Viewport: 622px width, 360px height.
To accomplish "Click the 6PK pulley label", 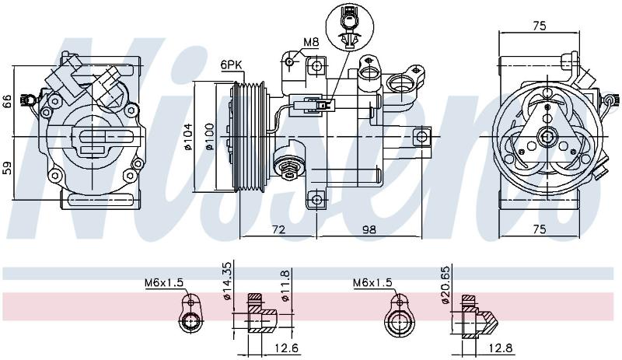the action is [232, 65].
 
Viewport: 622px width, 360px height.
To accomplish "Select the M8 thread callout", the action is [312, 42].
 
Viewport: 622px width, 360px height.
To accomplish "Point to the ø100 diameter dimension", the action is [209, 137].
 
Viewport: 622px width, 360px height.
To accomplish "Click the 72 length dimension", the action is [279, 229].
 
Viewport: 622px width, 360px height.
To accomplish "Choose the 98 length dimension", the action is [369, 229].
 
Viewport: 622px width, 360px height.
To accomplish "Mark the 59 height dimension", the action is [8, 168].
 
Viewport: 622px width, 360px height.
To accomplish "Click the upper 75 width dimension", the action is [540, 26].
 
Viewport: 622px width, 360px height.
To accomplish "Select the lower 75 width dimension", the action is [540, 229].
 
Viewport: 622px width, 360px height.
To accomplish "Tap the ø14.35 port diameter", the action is [226, 281].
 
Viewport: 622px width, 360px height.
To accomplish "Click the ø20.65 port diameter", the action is [446, 285].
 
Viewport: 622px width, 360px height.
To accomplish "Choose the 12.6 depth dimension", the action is [286, 348].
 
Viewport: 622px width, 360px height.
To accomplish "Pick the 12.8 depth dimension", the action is [500, 348].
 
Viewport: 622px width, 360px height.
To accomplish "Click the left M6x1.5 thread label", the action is [164, 283].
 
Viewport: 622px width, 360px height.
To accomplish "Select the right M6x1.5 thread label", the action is [372, 282].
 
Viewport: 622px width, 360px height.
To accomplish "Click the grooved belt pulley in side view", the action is [249, 137].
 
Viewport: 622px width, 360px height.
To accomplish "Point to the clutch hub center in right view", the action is [547, 137].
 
